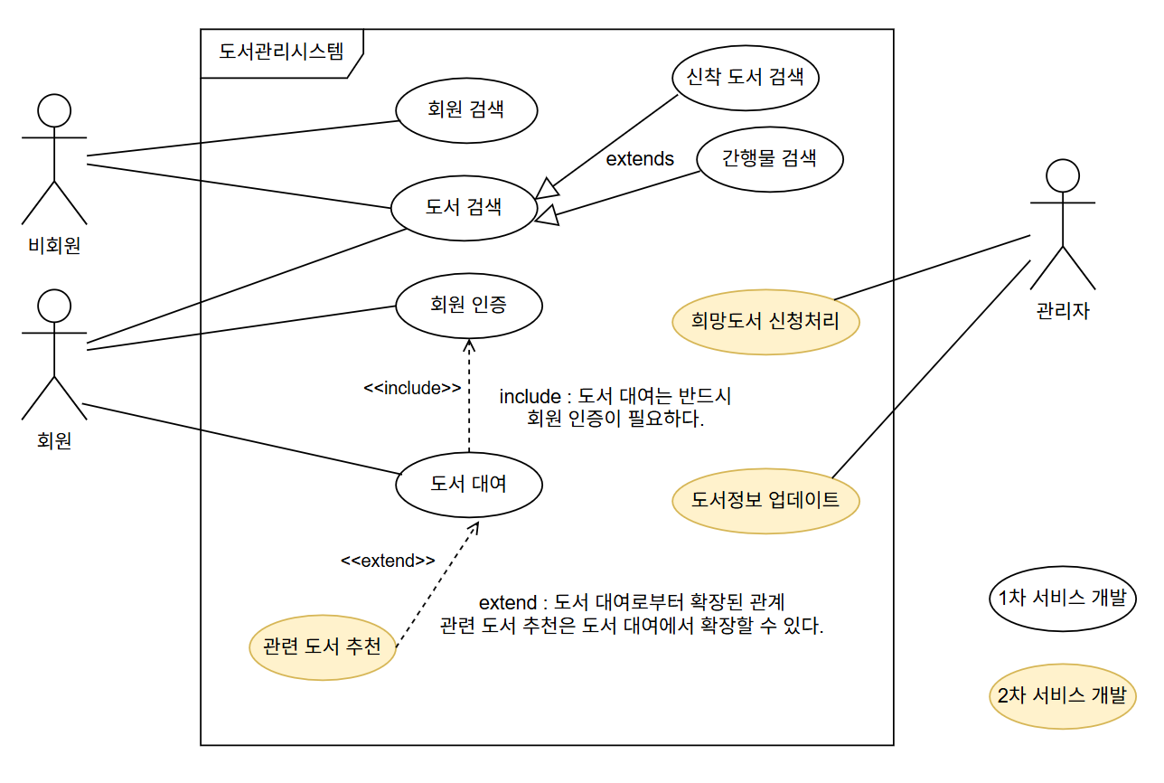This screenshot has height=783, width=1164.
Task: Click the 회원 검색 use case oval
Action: click(466, 111)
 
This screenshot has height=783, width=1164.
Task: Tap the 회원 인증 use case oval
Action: click(468, 305)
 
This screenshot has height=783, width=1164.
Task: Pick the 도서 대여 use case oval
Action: click(468, 484)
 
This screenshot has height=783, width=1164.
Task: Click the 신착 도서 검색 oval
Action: click(746, 76)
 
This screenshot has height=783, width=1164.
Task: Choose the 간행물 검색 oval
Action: click(770, 159)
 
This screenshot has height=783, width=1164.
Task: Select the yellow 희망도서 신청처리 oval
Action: click(765, 321)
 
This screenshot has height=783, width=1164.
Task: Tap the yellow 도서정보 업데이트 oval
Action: click(765, 500)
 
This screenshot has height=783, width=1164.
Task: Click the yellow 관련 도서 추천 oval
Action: click(322, 646)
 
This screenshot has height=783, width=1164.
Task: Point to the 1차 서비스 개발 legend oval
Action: click(1062, 599)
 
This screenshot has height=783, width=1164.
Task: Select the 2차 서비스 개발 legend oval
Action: click(1062, 696)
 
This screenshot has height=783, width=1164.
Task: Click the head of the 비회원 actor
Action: click(54, 110)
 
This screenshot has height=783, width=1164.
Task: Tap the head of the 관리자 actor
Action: click(1062, 175)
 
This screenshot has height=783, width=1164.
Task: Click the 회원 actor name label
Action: click(54, 441)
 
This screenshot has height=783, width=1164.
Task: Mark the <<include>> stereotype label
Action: click(412, 388)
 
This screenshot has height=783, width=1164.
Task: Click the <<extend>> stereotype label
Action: click(388, 561)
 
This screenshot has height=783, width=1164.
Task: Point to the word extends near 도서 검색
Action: click(640, 159)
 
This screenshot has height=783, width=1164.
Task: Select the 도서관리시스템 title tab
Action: click(281, 52)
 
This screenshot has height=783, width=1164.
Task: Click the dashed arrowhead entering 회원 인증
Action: click(468, 346)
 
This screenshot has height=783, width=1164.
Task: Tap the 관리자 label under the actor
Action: click(1063, 312)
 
